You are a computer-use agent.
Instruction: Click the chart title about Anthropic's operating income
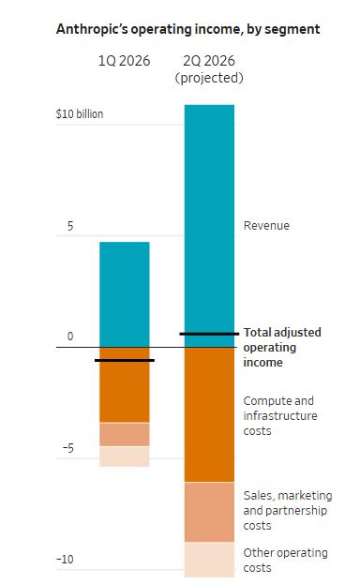[x=187, y=29]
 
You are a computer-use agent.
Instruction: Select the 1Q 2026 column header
[x=124, y=61]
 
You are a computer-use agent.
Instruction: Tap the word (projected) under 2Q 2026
[x=209, y=78]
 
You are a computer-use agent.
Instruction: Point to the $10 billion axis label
[x=80, y=113]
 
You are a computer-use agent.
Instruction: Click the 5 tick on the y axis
[x=70, y=226]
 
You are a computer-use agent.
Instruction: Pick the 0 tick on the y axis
[x=70, y=337]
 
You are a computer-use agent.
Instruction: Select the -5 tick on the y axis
[x=68, y=448]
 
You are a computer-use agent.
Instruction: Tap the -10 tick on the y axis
[x=66, y=559]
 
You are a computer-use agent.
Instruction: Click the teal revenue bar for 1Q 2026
[x=125, y=294]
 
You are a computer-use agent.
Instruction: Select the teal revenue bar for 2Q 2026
[x=209, y=226]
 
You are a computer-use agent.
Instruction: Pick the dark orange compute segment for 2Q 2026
[x=209, y=415]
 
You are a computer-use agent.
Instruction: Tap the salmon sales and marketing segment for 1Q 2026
[x=125, y=434]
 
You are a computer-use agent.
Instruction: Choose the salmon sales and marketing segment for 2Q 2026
[x=209, y=512]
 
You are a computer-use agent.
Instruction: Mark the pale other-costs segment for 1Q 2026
[x=125, y=457]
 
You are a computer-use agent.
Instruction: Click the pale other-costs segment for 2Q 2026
[x=209, y=560]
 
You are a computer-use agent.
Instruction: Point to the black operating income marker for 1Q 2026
[x=125, y=360]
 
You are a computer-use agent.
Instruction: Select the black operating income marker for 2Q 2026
[x=209, y=334]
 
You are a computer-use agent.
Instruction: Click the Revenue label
[x=266, y=225]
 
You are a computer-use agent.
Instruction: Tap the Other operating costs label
[x=285, y=561]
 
